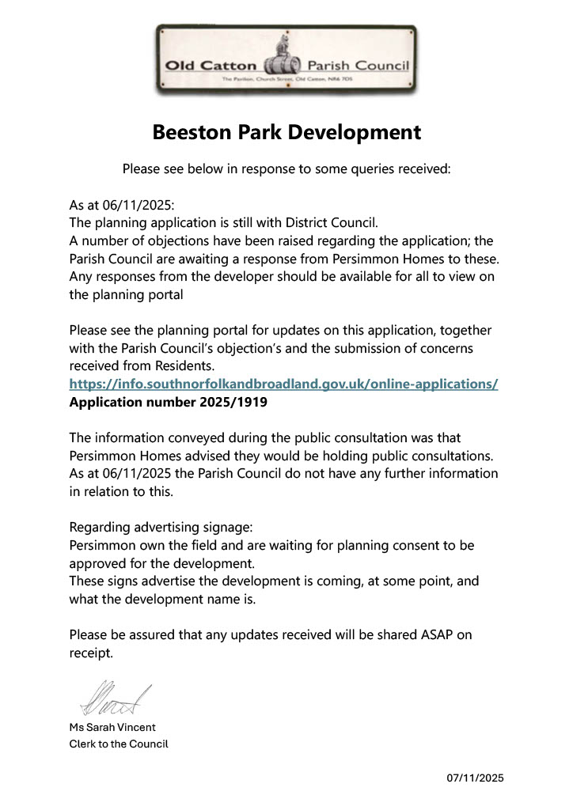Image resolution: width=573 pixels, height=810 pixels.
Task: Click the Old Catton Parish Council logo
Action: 286,60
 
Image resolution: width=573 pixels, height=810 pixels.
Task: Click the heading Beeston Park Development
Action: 286,132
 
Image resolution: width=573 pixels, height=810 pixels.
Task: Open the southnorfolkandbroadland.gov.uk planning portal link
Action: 283,384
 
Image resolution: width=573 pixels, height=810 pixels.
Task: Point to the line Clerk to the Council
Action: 119,744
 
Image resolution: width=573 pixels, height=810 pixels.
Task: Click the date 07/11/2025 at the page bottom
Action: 475,778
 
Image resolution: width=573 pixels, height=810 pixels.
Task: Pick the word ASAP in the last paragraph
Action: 434,635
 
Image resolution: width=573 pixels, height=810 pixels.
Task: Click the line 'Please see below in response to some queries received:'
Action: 286,168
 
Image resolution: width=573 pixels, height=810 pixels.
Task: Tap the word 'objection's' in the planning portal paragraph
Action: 296,349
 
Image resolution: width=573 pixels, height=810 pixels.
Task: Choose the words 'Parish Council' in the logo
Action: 369,66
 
